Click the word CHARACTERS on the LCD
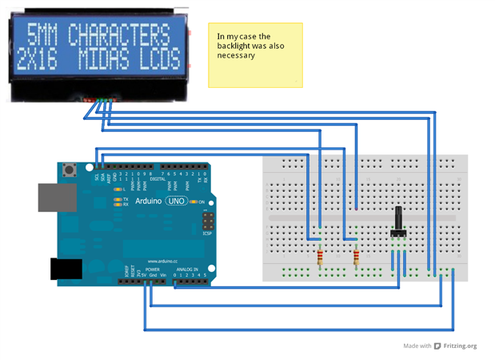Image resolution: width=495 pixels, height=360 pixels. pyautogui.click(x=119, y=35)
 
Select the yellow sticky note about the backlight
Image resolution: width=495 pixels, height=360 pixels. pyautogui.click(x=255, y=54)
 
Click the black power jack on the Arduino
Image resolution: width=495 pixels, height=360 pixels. pyautogui.click(x=65, y=270)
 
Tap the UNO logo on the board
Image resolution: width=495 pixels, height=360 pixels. pyautogui.click(x=176, y=201)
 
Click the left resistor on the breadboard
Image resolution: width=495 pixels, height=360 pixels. pyautogui.click(x=321, y=257)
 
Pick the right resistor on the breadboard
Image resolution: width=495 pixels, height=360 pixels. pyautogui.click(x=355, y=257)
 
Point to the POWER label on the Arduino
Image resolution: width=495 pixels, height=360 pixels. pyautogui.click(x=150, y=270)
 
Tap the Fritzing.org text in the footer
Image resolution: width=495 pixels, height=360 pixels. pyautogui.click(x=460, y=346)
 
